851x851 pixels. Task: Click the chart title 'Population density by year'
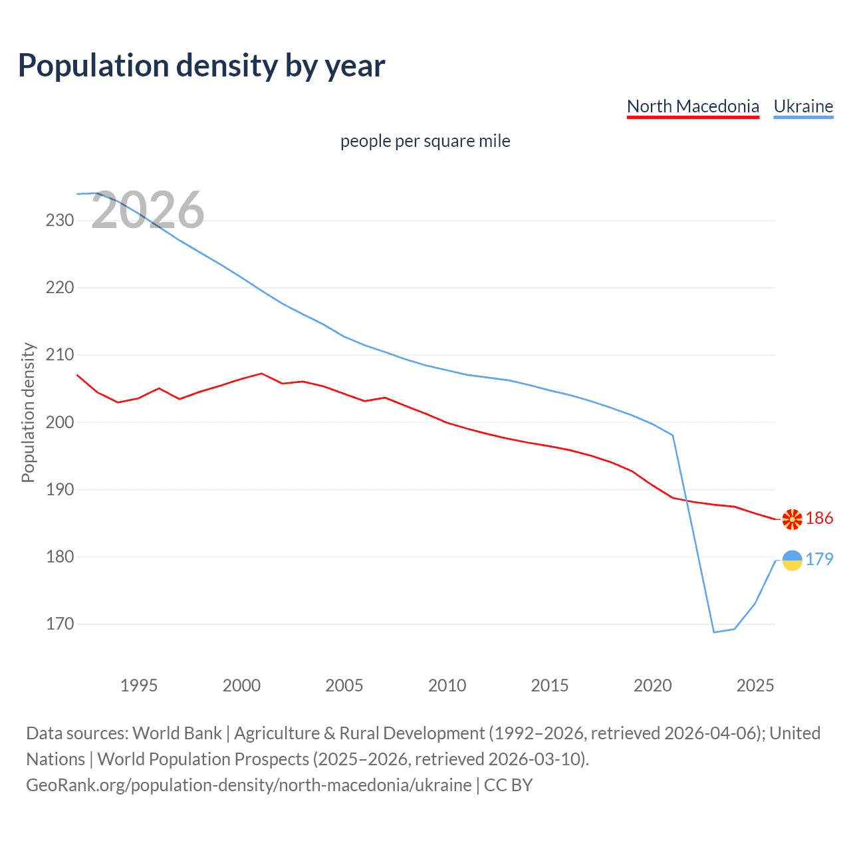click(x=201, y=66)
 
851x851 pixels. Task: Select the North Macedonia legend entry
click(x=693, y=106)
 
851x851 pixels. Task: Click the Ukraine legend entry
click(x=803, y=106)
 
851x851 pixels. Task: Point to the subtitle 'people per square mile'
click(x=425, y=141)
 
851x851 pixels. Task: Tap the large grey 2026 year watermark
click(x=148, y=211)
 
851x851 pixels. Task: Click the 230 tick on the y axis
click(x=60, y=220)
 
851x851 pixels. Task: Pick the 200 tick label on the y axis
click(x=60, y=422)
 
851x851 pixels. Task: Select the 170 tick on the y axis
click(x=60, y=624)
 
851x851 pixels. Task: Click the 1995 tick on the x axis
click(x=138, y=685)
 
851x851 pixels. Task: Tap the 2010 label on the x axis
click(x=447, y=685)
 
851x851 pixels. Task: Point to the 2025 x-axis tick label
click(x=755, y=685)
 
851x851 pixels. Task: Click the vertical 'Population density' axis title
click(x=28, y=412)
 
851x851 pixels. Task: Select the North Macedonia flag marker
click(x=792, y=519)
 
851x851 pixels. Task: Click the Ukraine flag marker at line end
click(x=792, y=560)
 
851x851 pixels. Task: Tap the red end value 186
click(x=819, y=519)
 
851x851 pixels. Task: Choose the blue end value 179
click(x=819, y=560)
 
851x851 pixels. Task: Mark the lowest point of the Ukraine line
click(x=714, y=632)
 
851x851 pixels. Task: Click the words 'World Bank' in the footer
click(x=177, y=733)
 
